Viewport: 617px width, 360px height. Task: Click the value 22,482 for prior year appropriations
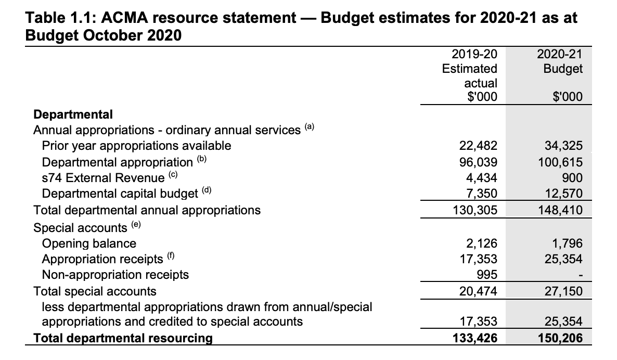point(478,146)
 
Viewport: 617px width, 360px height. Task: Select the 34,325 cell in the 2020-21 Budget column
point(563,146)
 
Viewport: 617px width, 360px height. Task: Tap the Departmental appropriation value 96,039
point(478,162)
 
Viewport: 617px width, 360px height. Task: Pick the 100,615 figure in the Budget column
point(560,162)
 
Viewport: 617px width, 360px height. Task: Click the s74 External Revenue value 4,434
point(482,178)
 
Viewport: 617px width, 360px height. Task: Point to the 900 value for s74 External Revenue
point(573,178)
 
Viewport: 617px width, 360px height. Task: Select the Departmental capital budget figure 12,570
point(563,194)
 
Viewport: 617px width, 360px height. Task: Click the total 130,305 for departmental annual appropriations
point(475,210)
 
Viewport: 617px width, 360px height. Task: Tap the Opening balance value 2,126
point(482,243)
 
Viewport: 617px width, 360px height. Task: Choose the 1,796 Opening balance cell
point(567,243)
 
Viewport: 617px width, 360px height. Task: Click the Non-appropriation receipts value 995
point(487,275)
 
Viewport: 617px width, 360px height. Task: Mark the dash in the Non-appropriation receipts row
point(581,276)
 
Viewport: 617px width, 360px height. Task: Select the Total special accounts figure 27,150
point(563,291)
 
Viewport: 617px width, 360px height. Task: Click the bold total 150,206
point(560,338)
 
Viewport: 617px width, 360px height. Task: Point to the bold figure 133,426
point(475,338)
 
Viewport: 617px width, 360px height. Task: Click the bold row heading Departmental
point(73,114)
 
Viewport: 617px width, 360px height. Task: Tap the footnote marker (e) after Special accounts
point(136,225)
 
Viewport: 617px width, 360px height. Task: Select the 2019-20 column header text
point(474,54)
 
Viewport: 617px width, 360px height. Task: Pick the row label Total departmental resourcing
point(123,338)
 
